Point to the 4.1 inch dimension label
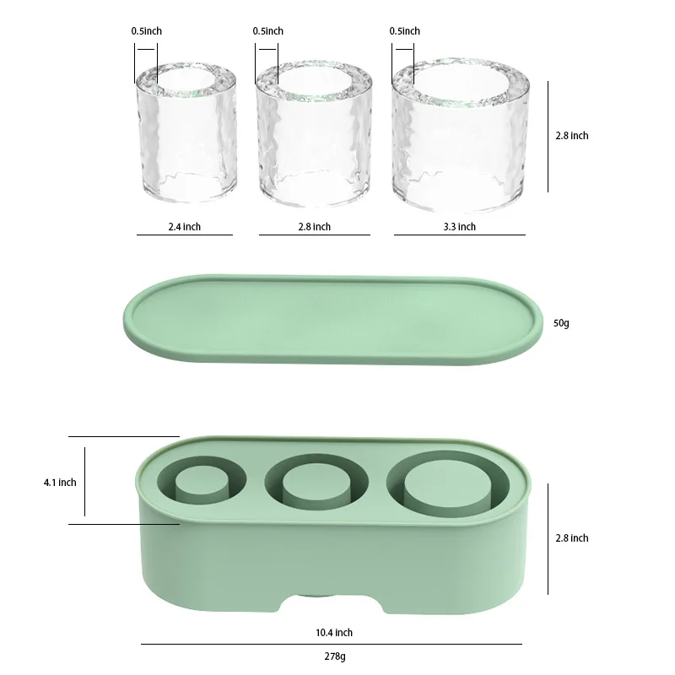pos(60,483)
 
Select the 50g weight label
pos(562,323)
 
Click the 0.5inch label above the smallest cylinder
pos(146,31)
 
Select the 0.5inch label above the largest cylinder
pos(404,31)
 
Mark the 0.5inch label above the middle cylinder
pos(267,31)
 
